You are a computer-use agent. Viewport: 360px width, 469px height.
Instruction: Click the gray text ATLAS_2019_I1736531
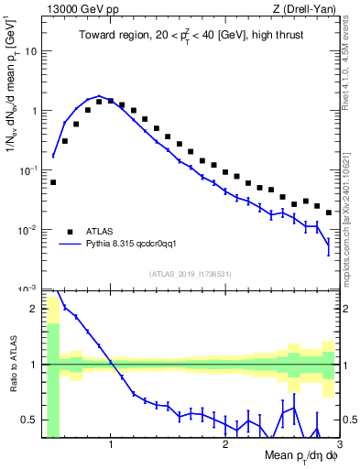point(191,274)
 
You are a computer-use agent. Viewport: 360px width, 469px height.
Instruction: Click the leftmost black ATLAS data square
point(53,182)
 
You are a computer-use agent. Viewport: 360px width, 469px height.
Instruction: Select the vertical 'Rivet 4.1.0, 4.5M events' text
point(352,69)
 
